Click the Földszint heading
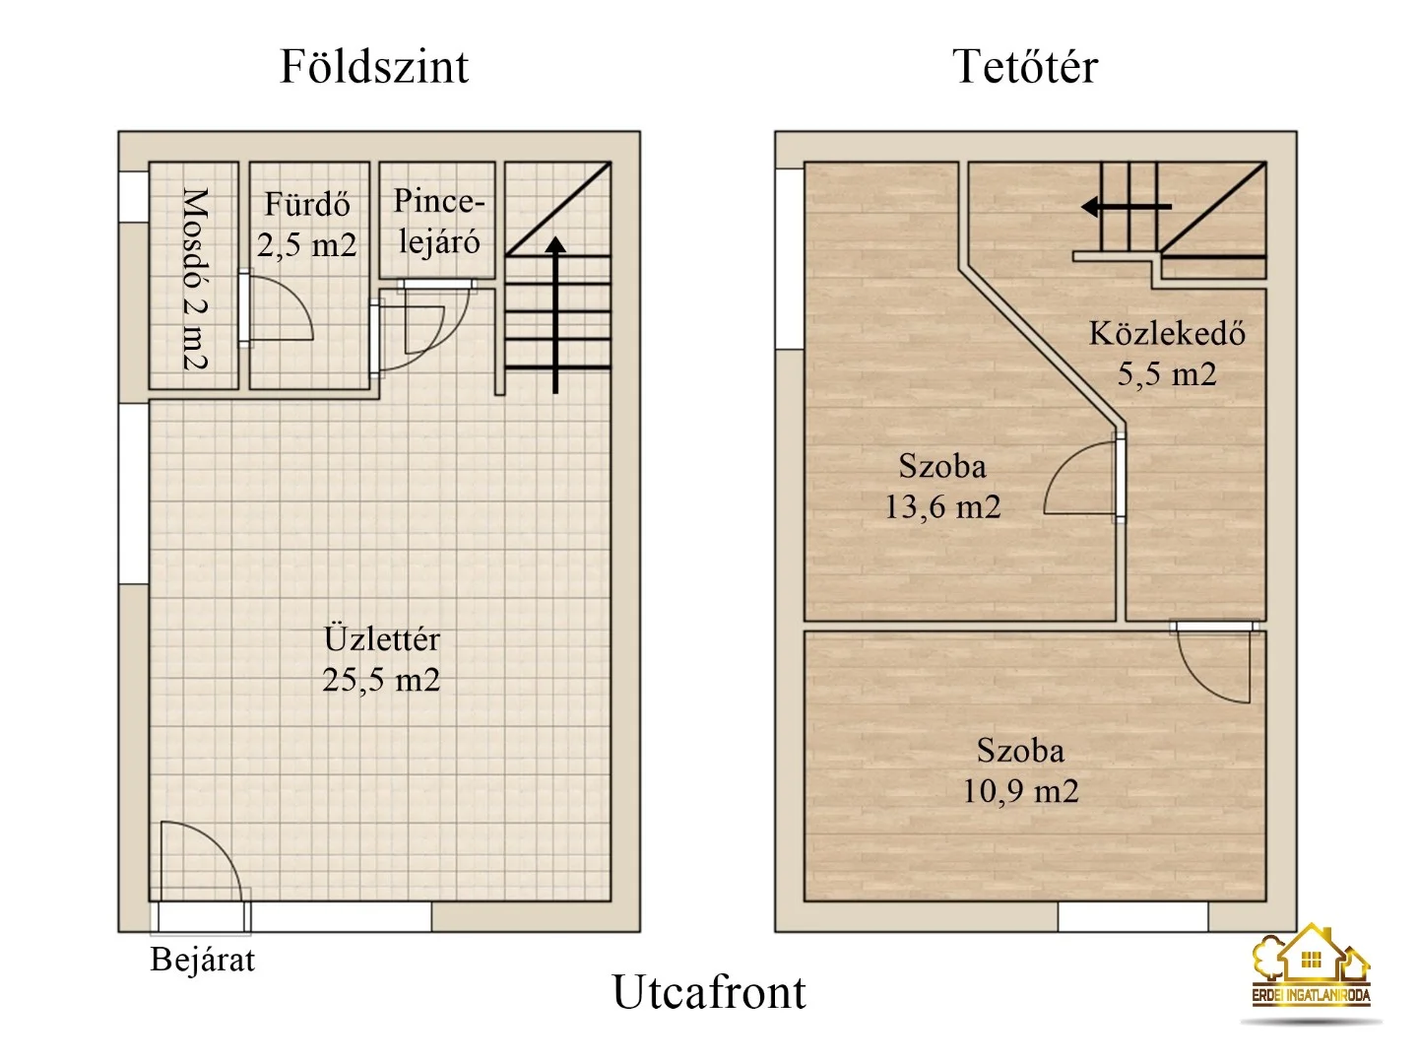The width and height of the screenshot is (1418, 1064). [374, 67]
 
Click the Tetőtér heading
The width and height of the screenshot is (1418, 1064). [1024, 67]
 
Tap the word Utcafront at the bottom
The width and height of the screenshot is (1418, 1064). [709, 992]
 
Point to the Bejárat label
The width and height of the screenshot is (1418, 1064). [202, 960]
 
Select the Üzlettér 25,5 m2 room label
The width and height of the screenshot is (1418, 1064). [381, 659]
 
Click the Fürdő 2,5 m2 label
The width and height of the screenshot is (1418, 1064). [307, 225]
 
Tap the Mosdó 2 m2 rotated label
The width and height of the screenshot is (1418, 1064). [194, 279]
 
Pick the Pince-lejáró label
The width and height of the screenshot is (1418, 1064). [439, 222]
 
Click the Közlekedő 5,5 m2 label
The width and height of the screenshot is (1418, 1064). [1167, 354]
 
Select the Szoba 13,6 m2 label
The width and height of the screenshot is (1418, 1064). [942, 486]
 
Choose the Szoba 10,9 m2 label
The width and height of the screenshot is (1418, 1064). [1020, 770]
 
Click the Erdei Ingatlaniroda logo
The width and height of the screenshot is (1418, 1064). [1311, 970]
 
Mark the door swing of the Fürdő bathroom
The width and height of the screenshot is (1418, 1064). [280, 309]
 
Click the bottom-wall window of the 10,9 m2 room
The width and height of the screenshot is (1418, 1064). [1132, 917]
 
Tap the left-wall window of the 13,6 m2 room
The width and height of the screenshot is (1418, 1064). [790, 259]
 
